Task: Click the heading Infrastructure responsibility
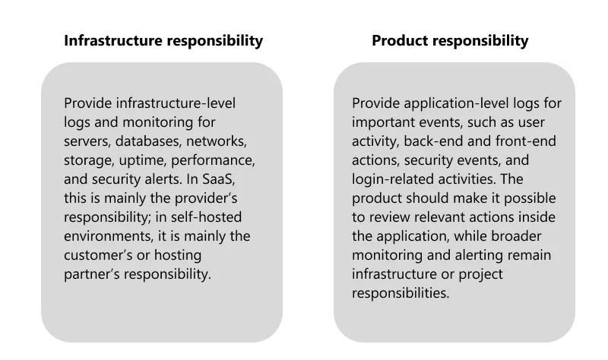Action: click(x=163, y=41)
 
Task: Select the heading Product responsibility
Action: click(x=450, y=41)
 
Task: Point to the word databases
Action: click(x=148, y=141)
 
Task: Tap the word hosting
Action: click(x=178, y=255)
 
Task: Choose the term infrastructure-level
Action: click(x=176, y=103)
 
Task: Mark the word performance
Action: click(x=213, y=160)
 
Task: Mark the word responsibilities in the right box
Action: click(x=401, y=293)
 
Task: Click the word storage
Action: click(x=89, y=160)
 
